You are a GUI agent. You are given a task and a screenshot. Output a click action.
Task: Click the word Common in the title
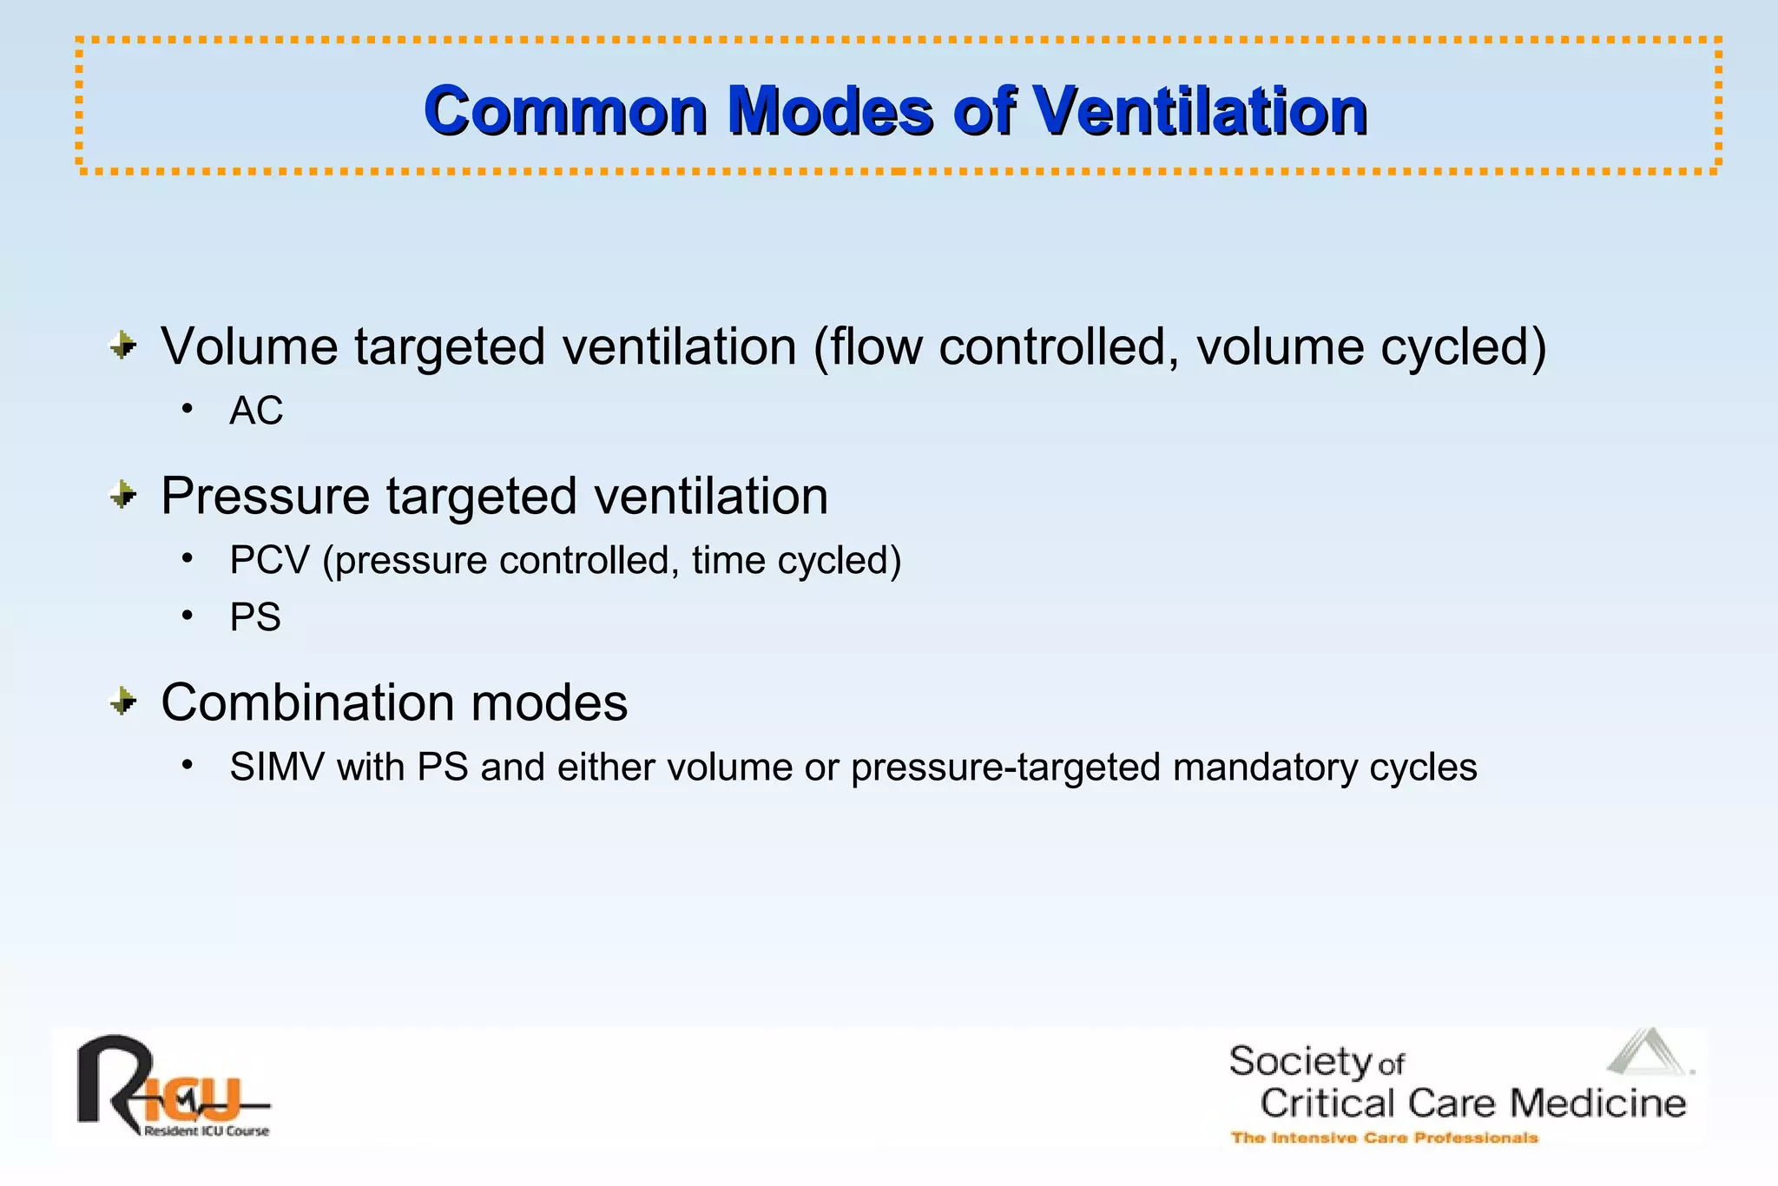(x=565, y=111)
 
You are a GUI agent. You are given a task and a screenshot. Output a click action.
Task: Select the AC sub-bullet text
(x=256, y=411)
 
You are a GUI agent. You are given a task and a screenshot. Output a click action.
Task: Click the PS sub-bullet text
(x=255, y=617)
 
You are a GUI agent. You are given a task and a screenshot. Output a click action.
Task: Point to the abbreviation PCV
(x=269, y=561)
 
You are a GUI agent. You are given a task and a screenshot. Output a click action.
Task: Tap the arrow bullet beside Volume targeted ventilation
(x=123, y=346)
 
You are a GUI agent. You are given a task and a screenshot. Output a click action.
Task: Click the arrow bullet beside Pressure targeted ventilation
(x=123, y=495)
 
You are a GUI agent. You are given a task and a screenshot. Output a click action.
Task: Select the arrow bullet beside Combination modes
(x=123, y=701)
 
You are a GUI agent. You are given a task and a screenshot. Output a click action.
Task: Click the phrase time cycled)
(x=796, y=561)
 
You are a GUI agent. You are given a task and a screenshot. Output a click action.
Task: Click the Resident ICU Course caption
(x=207, y=1130)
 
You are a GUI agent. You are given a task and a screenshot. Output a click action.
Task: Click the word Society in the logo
(x=1299, y=1062)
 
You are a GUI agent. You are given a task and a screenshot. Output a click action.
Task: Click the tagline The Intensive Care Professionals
(x=1384, y=1137)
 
